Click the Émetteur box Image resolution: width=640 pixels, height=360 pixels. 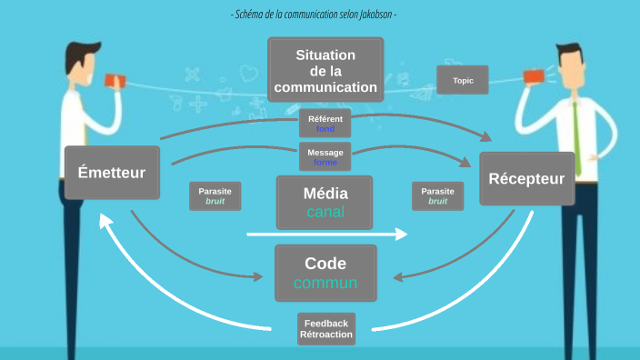pyautogui.click(x=112, y=172)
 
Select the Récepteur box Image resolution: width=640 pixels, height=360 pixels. pyautogui.click(x=532, y=178)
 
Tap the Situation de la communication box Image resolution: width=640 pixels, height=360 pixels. pyautogui.click(x=325, y=71)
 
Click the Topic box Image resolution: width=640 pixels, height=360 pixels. pyautogui.click(x=463, y=80)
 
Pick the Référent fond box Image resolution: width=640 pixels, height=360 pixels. pyautogui.click(x=325, y=124)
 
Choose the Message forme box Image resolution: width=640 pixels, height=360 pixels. pyautogui.click(x=325, y=156)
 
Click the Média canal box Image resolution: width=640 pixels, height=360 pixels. pyautogui.click(x=325, y=202)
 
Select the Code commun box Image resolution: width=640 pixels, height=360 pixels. pyautogui.click(x=325, y=273)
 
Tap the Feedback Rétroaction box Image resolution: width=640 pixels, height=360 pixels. pyautogui.click(x=325, y=329)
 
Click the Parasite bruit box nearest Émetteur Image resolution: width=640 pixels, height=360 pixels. pyautogui.click(x=215, y=196)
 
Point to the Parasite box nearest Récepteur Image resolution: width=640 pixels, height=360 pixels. pyautogui.click(x=438, y=196)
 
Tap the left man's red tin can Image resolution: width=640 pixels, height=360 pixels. pyautogui.click(x=113, y=80)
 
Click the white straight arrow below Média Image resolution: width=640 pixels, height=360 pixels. pyautogui.click(x=327, y=235)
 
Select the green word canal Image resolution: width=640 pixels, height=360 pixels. pyautogui.click(x=325, y=213)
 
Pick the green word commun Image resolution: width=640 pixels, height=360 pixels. pyautogui.click(x=325, y=283)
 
